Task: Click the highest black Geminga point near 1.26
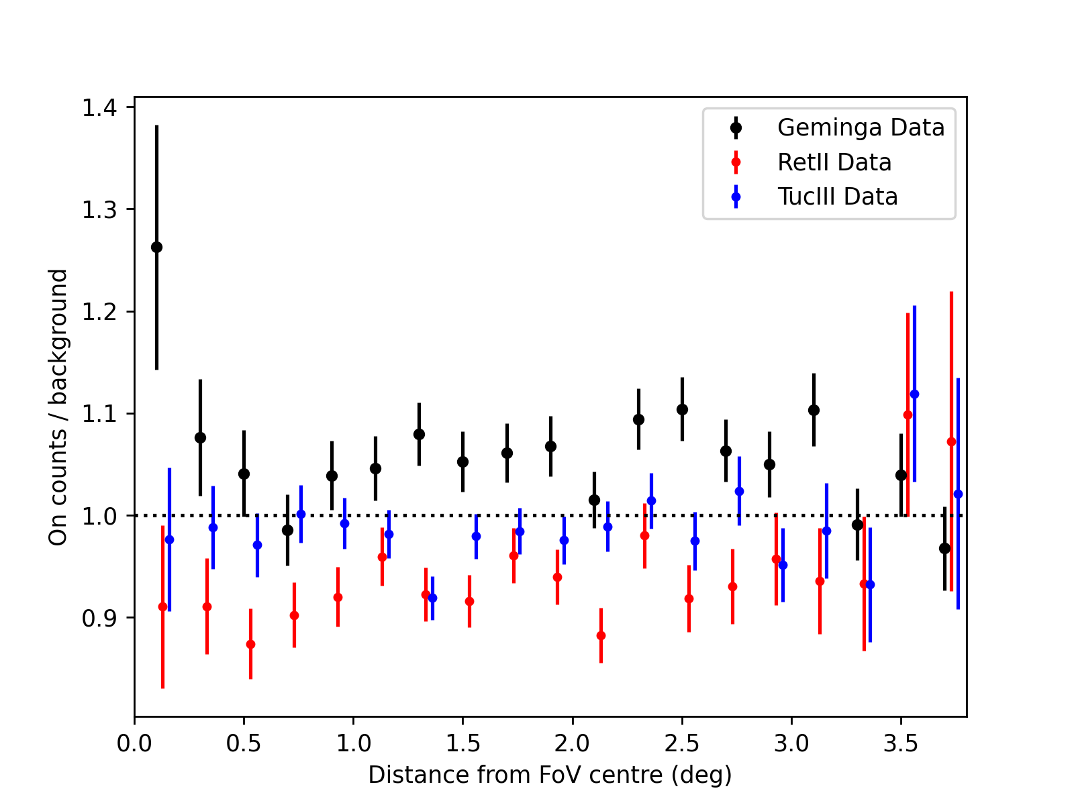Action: [x=156, y=247]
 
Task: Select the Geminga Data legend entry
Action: [x=861, y=127]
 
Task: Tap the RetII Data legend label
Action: [x=834, y=162]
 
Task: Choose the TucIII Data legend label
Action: [x=837, y=197]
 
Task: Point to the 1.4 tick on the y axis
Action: [x=99, y=107]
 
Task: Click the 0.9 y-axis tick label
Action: [x=99, y=618]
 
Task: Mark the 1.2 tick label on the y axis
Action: [x=99, y=311]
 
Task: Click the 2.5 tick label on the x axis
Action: [x=682, y=744]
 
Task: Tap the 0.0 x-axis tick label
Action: [x=134, y=744]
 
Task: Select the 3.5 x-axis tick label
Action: [x=901, y=744]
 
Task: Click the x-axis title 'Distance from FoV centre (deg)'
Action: [x=550, y=775]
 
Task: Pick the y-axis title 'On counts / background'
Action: [x=58, y=407]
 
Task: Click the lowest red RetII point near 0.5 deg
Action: [x=250, y=644]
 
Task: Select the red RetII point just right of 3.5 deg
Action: [x=908, y=415]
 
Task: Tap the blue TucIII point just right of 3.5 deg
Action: [x=914, y=394]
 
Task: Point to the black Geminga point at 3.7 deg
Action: [x=944, y=548]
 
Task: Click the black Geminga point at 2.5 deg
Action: [x=682, y=409]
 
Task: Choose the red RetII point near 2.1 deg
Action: [x=601, y=635]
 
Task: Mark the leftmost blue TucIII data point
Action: [x=169, y=539]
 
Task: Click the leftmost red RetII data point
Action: [x=162, y=606]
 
